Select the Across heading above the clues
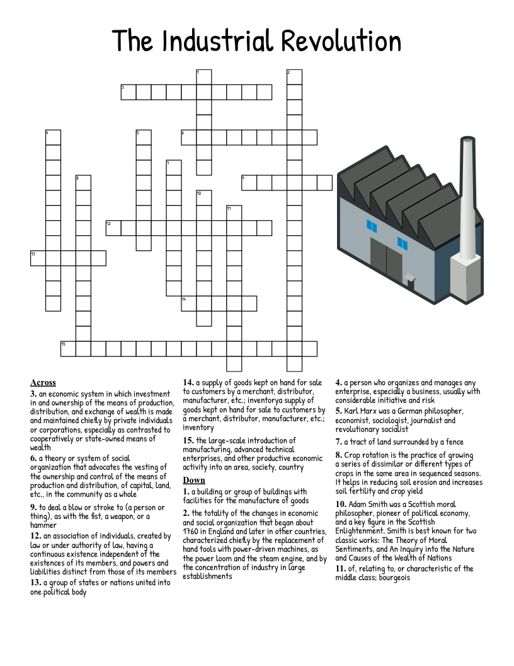(43, 382)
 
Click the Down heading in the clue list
(194, 481)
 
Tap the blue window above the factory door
(372, 225)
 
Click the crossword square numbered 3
(128, 92)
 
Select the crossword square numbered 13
(38, 258)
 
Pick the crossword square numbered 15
(68, 349)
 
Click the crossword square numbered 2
(294, 77)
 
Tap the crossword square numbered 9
(249, 183)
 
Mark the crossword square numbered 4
(53, 137)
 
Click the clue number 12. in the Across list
(36, 536)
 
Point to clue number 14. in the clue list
(188, 382)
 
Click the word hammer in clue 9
(44, 525)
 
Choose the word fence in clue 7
(454, 441)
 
